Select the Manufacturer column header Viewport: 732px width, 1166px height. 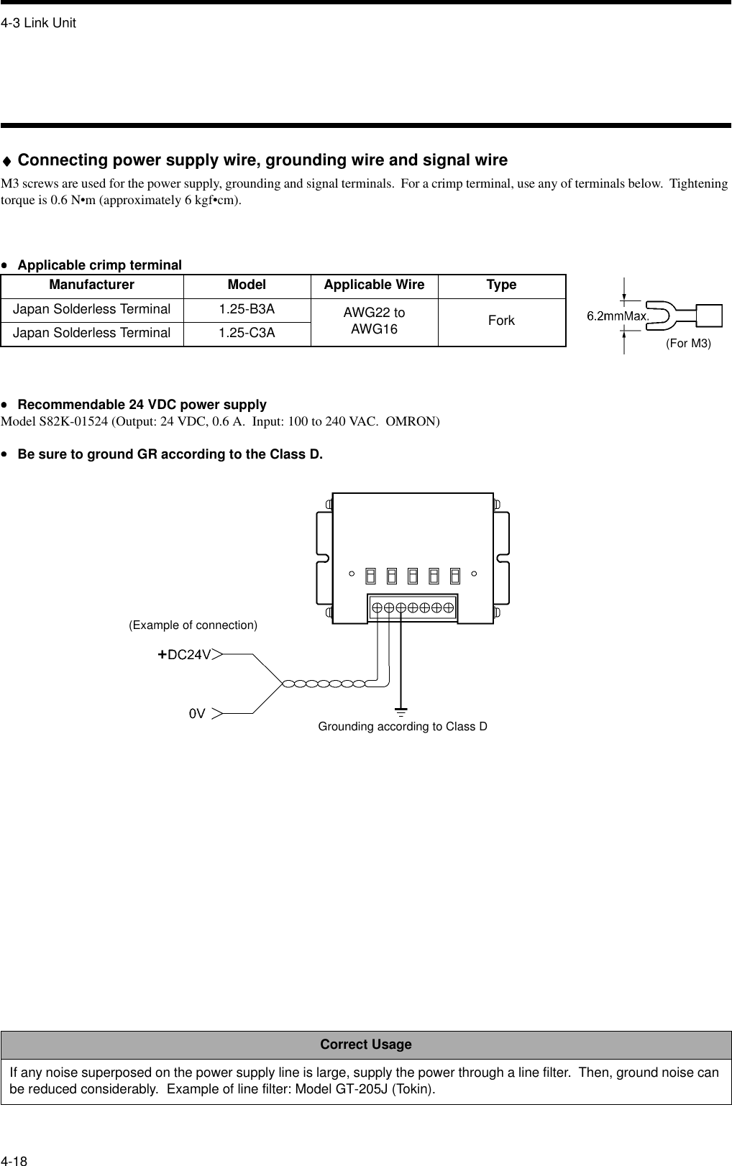point(91,285)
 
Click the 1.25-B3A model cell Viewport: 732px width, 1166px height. point(247,309)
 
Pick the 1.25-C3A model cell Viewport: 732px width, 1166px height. point(247,333)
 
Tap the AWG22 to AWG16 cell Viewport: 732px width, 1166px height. point(374,321)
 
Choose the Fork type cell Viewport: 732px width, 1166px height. point(501,321)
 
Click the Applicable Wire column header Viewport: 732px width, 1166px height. point(374,285)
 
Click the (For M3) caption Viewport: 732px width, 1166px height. point(688,344)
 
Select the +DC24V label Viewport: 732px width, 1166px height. point(185,655)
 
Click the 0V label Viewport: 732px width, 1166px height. point(197,714)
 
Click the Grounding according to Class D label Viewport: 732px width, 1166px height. point(403,726)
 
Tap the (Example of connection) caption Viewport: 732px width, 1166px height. point(193,625)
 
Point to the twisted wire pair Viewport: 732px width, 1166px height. point(324,684)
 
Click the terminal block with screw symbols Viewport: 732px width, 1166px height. point(413,607)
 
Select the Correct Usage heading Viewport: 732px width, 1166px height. point(366,1044)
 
